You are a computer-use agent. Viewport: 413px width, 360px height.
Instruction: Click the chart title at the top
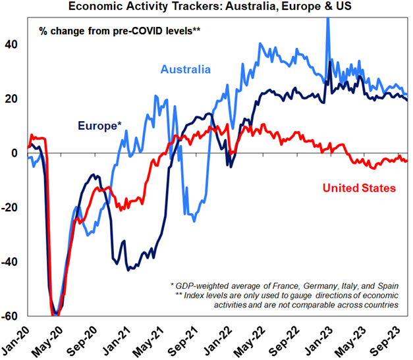206,7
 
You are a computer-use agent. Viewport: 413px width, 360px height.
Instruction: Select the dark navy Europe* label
99,125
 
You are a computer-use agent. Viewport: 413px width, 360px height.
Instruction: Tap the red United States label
360,188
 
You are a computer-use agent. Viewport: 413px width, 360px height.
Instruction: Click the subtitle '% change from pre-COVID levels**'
119,32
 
